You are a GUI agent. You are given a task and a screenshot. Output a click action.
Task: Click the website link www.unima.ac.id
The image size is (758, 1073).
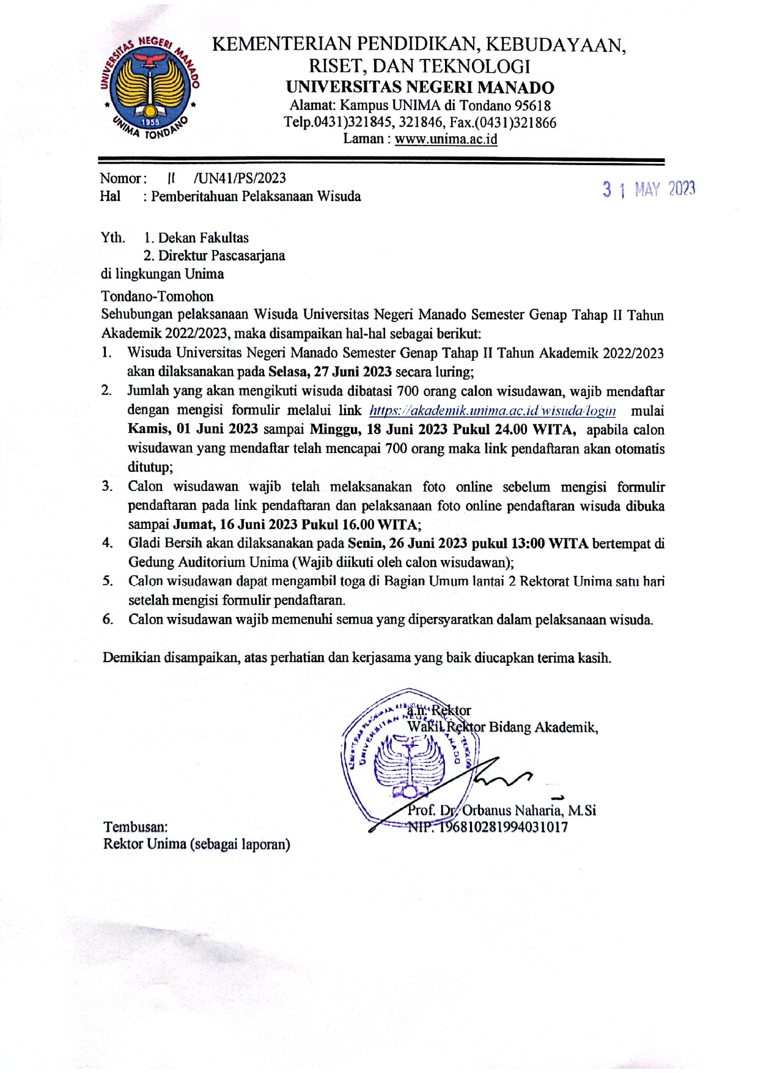pyautogui.click(x=446, y=139)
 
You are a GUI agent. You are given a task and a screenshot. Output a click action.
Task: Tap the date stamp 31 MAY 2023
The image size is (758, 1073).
pyautogui.click(x=649, y=190)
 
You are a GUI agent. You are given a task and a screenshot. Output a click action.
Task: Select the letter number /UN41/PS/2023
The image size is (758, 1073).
pyautogui.click(x=240, y=178)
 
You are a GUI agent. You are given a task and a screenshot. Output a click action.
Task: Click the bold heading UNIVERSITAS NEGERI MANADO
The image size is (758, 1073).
pyautogui.click(x=419, y=87)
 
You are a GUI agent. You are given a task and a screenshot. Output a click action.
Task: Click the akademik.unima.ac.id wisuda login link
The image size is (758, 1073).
pyautogui.click(x=492, y=410)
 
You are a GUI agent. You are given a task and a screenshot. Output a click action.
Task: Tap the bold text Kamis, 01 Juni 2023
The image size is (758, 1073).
pyautogui.click(x=193, y=429)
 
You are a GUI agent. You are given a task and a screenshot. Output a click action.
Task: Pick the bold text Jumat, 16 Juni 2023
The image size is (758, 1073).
pyautogui.click(x=236, y=525)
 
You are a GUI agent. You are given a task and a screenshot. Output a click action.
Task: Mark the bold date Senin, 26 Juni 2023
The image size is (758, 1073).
pyautogui.click(x=407, y=544)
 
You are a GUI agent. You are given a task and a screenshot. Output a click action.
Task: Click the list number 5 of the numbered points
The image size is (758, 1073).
pyautogui.click(x=108, y=581)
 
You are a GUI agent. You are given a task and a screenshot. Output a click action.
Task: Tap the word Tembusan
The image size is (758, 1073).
pyautogui.click(x=135, y=827)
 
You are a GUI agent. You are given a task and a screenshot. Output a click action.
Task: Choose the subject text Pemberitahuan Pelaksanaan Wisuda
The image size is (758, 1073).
pyautogui.click(x=256, y=196)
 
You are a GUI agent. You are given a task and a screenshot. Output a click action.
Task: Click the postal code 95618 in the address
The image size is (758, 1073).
pyautogui.click(x=532, y=106)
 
